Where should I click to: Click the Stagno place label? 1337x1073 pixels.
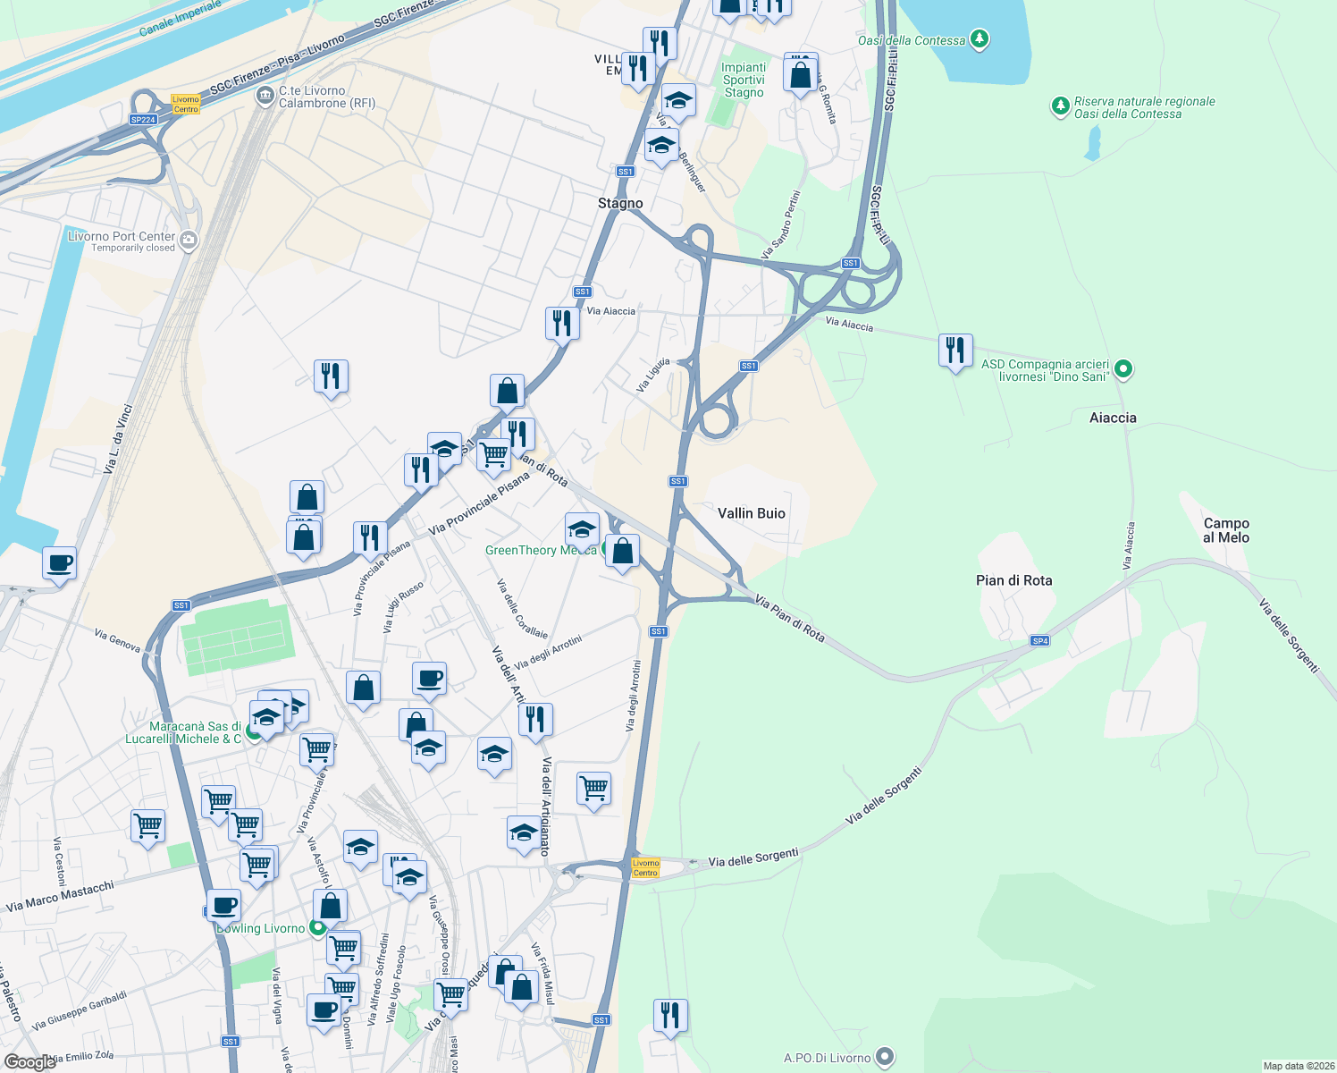tap(620, 204)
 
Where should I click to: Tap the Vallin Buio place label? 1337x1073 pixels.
tap(751, 513)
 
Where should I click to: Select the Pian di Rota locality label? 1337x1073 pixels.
tap(1013, 580)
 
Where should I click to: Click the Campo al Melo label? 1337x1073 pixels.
tap(1225, 530)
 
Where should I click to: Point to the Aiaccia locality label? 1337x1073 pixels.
tap(1113, 418)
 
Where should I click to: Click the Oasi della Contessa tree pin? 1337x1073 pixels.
tap(980, 39)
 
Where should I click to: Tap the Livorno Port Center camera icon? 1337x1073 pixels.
tap(188, 239)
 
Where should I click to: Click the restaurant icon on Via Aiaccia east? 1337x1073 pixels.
tap(955, 350)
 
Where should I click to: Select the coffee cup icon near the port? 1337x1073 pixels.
tap(59, 563)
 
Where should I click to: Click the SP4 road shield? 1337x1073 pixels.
tap(1039, 641)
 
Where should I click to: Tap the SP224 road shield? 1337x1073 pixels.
tap(143, 119)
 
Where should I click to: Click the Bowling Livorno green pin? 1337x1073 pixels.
tap(317, 928)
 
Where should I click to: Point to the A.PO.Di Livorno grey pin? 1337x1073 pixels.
tap(884, 1058)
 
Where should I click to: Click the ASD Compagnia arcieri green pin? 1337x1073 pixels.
tap(1123, 368)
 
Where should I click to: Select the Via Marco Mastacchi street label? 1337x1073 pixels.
tap(60, 897)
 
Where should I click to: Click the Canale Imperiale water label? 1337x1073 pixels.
tap(180, 19)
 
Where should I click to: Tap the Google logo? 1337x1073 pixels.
tap(29, 1061)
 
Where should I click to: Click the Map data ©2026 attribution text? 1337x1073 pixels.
tap(1297, 1066)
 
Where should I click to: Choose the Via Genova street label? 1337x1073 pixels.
tap(117, 639)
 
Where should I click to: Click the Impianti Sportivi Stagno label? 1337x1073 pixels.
tap(744, 80)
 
